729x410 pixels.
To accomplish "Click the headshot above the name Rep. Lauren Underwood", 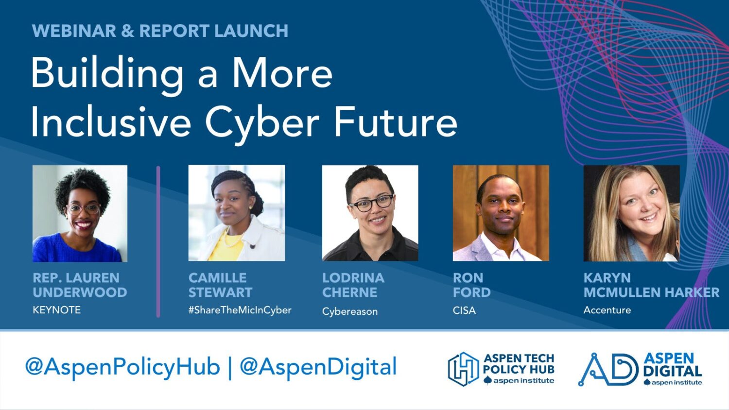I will [80, 213].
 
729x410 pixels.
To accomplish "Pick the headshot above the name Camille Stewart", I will [237, 213].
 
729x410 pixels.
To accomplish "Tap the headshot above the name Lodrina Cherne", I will [370, 213].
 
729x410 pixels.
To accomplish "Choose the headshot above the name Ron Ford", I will [501, 213].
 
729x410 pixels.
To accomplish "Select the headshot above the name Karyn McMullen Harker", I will [631, 213].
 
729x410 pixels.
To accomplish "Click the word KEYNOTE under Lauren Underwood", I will [57, 310].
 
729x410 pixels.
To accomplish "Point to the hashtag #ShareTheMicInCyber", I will [240, 310].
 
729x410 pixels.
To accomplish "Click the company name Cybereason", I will [350, 311].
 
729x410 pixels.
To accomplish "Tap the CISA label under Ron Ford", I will [464, 310].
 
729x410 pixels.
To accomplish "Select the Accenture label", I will [607, 310].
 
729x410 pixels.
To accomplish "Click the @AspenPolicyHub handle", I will [122, 367].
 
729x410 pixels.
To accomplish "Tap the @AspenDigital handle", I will [318, 367].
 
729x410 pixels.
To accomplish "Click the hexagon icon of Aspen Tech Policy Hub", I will [463, 369].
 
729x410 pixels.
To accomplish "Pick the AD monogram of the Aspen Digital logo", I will [608, 369].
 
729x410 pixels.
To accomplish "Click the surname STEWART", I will [220, 292].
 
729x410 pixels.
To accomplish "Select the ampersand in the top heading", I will [127, 31].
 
